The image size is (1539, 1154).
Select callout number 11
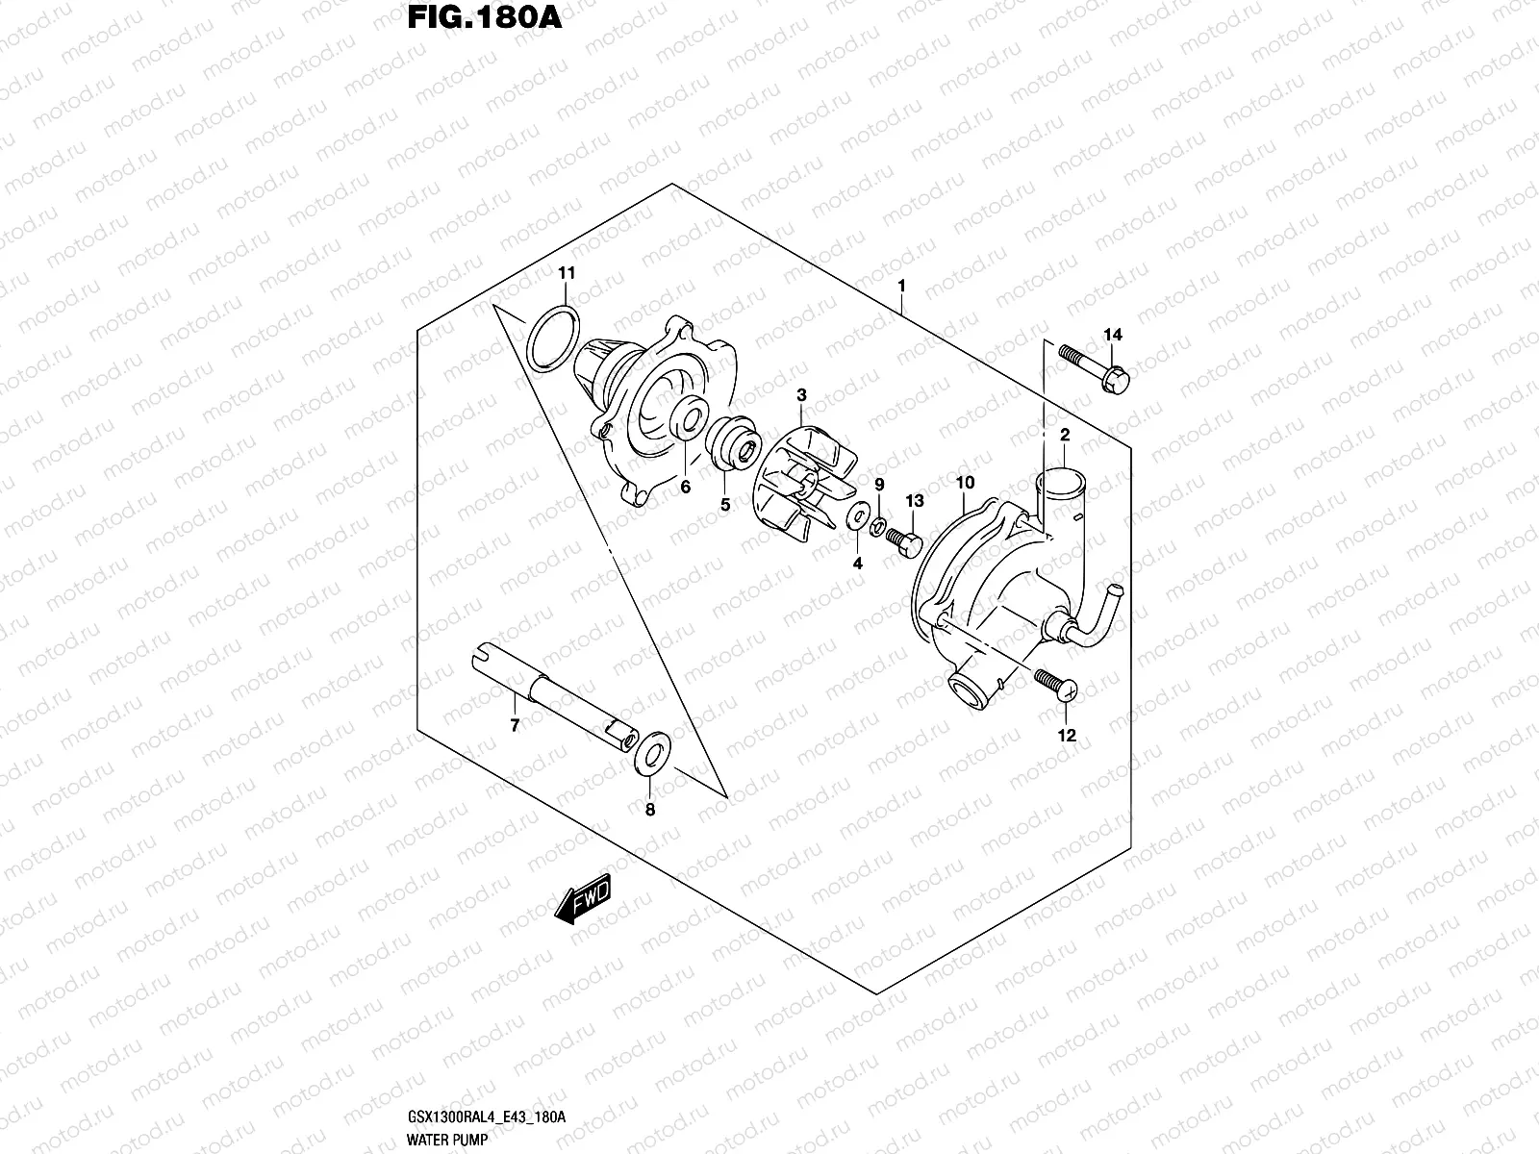(x=567, y=274)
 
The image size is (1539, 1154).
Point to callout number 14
(x=1113, y=335)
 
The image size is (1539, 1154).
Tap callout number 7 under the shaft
(x=515, y=726)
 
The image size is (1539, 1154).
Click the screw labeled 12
(x=1056, y=684)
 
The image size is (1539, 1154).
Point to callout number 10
(x=966, y=482)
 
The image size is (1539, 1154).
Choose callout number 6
(x=686, y=488)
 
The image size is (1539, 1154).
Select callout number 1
(x=901, y=286)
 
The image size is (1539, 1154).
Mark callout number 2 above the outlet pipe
(x=1065, y=436)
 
